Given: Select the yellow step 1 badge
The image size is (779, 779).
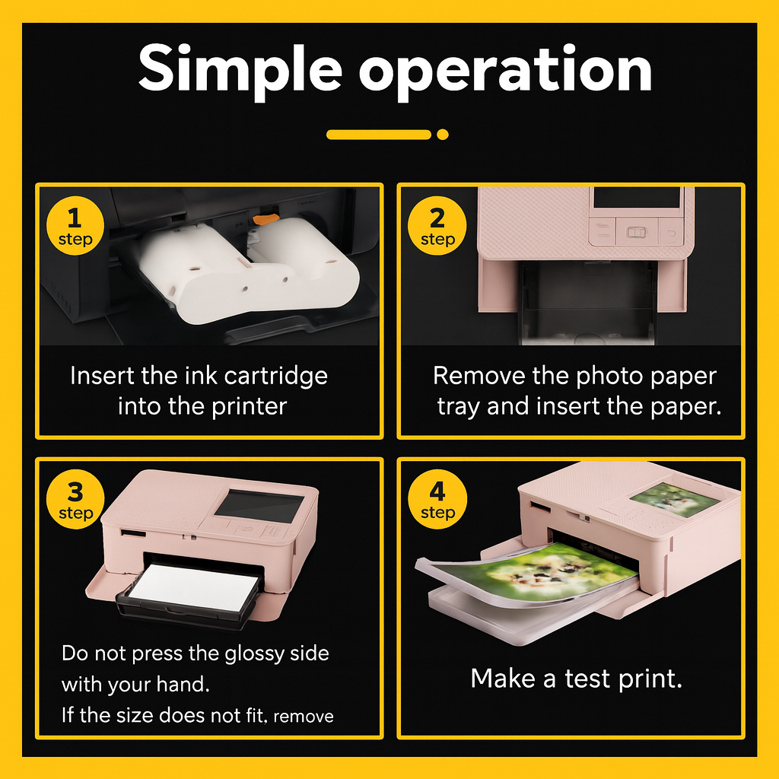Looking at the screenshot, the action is pyautogui.click(x=75, y=225).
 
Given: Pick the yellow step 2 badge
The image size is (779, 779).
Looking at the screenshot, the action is pyautogui.click(x=437, y=225).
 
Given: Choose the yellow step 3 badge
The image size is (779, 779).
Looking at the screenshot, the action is pyautogui.click(x=75, y=499).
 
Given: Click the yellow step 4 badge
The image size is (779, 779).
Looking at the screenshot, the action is pyautogui.click(x=437, y=499).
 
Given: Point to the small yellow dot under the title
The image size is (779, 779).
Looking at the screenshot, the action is pyautogui.click(x=442, y=134).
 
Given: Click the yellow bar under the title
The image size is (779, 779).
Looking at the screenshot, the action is pyautogui.click(x=379, y=134).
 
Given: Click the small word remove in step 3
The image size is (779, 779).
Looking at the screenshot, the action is pyautogui.click(x=303, y=717).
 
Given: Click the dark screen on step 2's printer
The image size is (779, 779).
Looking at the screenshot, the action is pyautogui.click(x=637, y=198).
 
